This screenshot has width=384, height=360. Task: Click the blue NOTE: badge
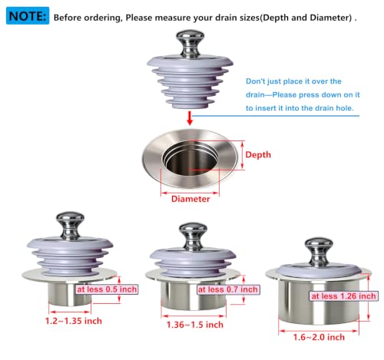[x=28, y=16]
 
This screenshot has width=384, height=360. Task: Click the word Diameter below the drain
[x=190, y=199]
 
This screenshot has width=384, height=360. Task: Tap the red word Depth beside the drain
[x=258, y=155]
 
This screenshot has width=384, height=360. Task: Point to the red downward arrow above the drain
[x=190, y=118]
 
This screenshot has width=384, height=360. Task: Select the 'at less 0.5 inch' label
[x=107, y=289]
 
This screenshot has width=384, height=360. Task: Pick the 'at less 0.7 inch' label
[x=228, y=289]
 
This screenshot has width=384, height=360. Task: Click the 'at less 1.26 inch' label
[x=343, y=296]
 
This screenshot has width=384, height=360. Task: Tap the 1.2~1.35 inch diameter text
[x=74, y=321]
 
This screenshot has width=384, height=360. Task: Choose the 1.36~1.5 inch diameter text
[x=195, y=325]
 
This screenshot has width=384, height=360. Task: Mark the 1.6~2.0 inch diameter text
[x=319, y=337]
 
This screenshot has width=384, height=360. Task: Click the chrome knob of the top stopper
[x=190, y=43]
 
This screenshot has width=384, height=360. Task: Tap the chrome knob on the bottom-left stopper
[x=70, y=225]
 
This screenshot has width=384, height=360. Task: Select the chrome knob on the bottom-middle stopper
[x=193, y=236]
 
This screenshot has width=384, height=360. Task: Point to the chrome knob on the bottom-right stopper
[x=319, y=252]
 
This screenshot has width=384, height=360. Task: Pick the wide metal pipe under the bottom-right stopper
[x=319, y=302]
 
